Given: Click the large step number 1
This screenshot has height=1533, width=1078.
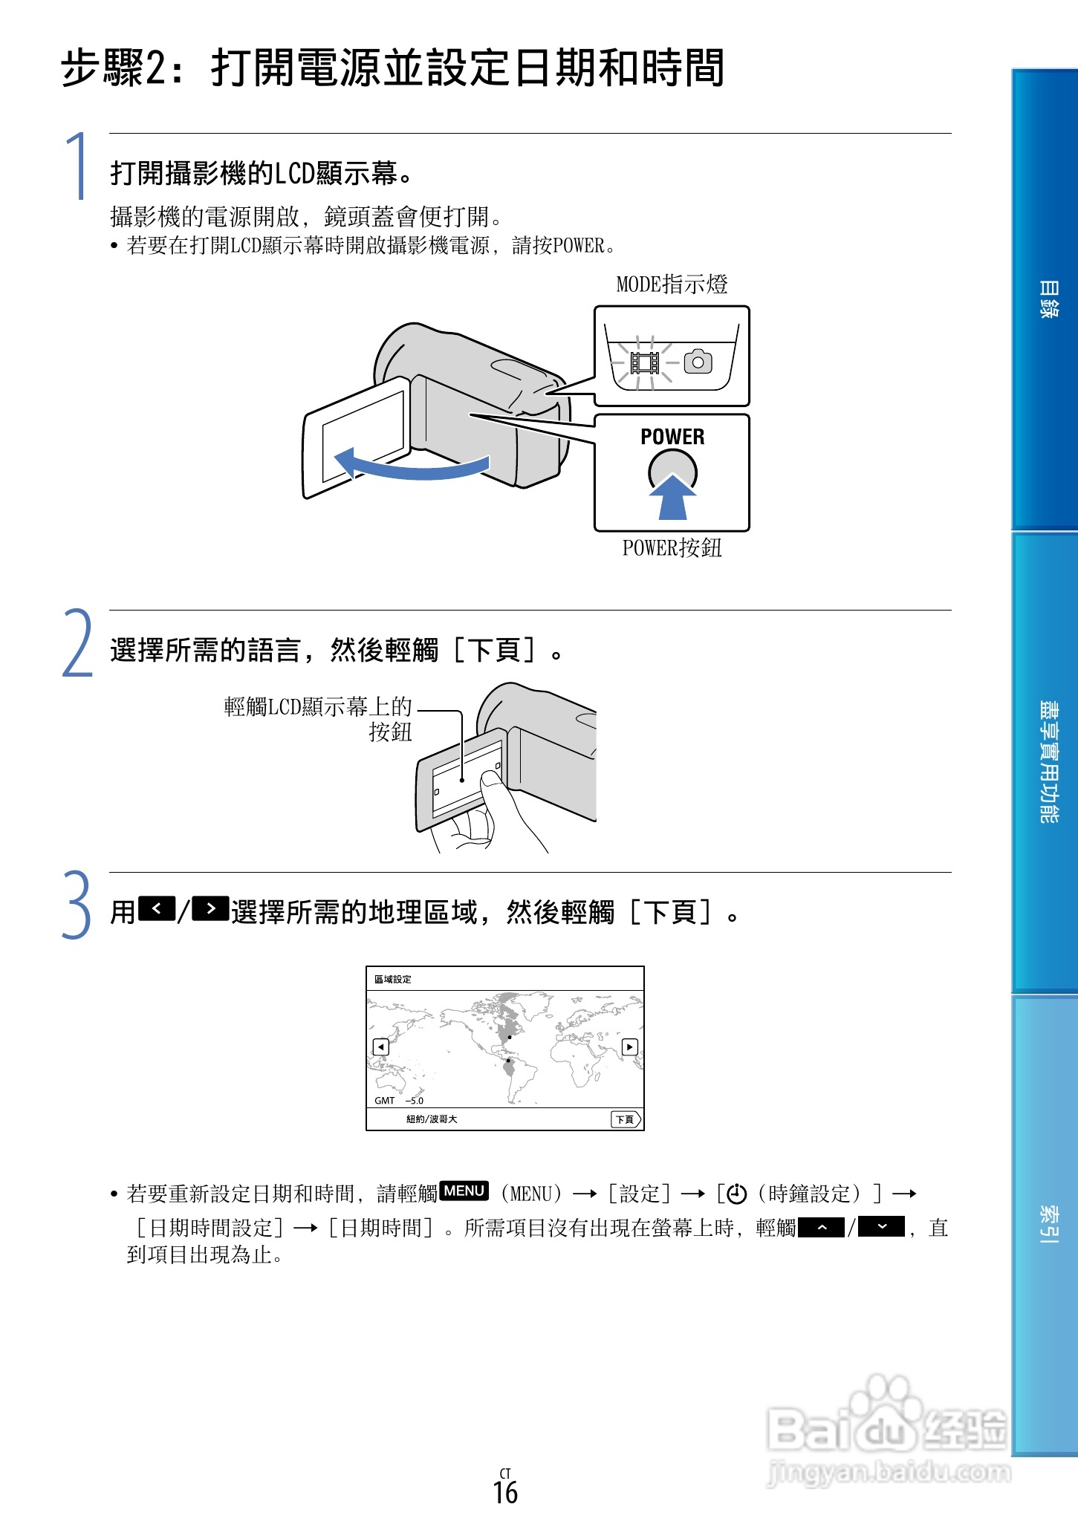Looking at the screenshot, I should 77,167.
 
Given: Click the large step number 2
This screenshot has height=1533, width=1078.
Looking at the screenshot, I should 77,643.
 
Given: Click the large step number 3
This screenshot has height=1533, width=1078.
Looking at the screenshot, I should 77,905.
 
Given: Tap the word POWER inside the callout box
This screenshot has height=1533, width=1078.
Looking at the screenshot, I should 672,437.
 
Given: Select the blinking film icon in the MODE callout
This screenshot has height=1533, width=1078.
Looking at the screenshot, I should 644,362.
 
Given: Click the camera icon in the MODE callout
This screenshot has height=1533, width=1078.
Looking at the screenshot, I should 698,362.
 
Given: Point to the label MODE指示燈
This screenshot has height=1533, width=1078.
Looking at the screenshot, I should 672,284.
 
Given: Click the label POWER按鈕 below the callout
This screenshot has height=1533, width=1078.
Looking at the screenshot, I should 672,548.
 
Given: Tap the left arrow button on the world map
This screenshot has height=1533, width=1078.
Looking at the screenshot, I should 380,1047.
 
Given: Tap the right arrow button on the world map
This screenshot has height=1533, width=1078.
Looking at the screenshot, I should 629,1047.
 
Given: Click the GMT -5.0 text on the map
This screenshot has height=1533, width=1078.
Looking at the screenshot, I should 399,1101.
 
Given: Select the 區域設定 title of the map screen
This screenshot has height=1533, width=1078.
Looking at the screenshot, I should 392,980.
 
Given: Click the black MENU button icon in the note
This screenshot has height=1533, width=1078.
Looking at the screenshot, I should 464,1191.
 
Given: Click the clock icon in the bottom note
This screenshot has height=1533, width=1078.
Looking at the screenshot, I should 736,1194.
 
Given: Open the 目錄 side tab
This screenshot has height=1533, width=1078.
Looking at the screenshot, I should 1048,299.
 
